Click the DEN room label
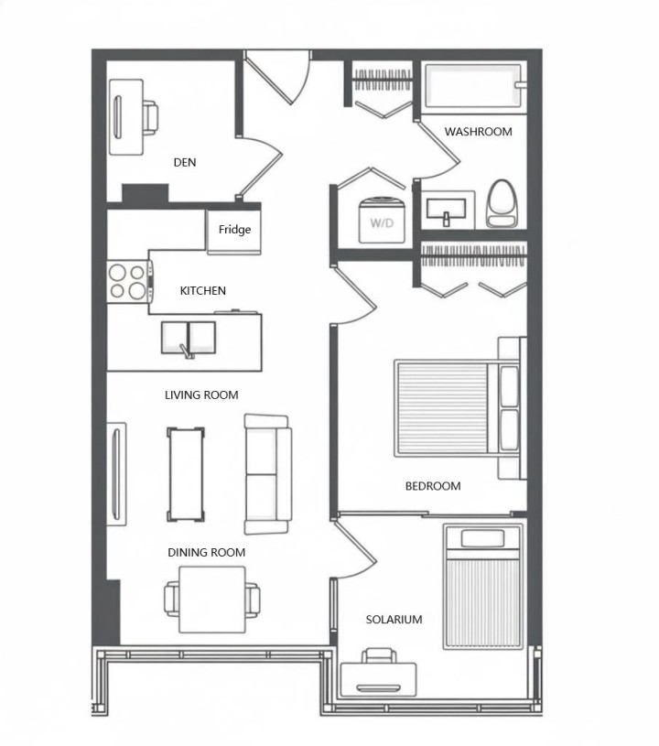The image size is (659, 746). (x=185, y=163)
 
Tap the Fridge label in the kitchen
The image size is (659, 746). (x=234, y=230)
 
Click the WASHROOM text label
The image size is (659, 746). (x=478, y=132)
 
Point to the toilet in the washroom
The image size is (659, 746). (x=502, y=202)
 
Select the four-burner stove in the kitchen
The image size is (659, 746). (x=128, y=281)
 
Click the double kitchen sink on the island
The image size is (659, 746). (x=189, y=338)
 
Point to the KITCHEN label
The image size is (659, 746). (x=202, y=291)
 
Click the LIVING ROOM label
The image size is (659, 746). (x=201, y=395)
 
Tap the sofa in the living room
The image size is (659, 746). (x=267, y=473)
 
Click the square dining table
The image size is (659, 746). (x=212, y=600)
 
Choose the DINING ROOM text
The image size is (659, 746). (x=206, y=553)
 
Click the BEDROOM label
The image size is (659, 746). (x=433, y=486)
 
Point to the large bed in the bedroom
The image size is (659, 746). (x=448, y=408)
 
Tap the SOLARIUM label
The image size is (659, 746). (x=394, y=620)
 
